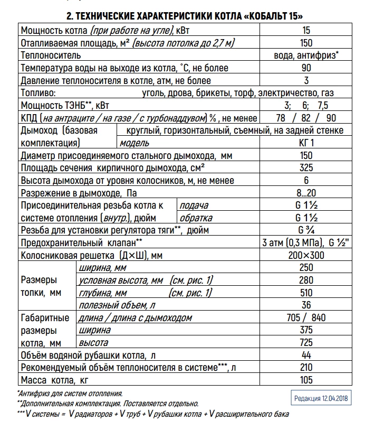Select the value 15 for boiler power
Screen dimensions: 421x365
point(305,31)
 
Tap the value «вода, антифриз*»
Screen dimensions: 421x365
point(306,55)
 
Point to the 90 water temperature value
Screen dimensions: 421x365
point(306,68)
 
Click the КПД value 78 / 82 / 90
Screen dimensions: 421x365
point(306,118)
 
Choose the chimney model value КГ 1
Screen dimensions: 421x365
point(306,143)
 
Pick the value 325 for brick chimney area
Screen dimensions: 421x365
point(306,168)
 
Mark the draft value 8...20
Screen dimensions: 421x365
point(306,193)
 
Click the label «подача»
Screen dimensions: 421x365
point(194,205)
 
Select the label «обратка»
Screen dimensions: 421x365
point(196,218)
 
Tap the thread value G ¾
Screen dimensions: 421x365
point(306,230)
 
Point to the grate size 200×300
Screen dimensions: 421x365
point(306,255)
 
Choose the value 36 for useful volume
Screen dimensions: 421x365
point(306,305)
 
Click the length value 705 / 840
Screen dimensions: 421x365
point(306,317)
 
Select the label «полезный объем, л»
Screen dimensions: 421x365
point(116,305)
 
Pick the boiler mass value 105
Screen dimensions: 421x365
point(306,380)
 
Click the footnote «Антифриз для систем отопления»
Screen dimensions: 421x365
point(71,394)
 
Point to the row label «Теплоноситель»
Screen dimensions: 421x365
point(51,55)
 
